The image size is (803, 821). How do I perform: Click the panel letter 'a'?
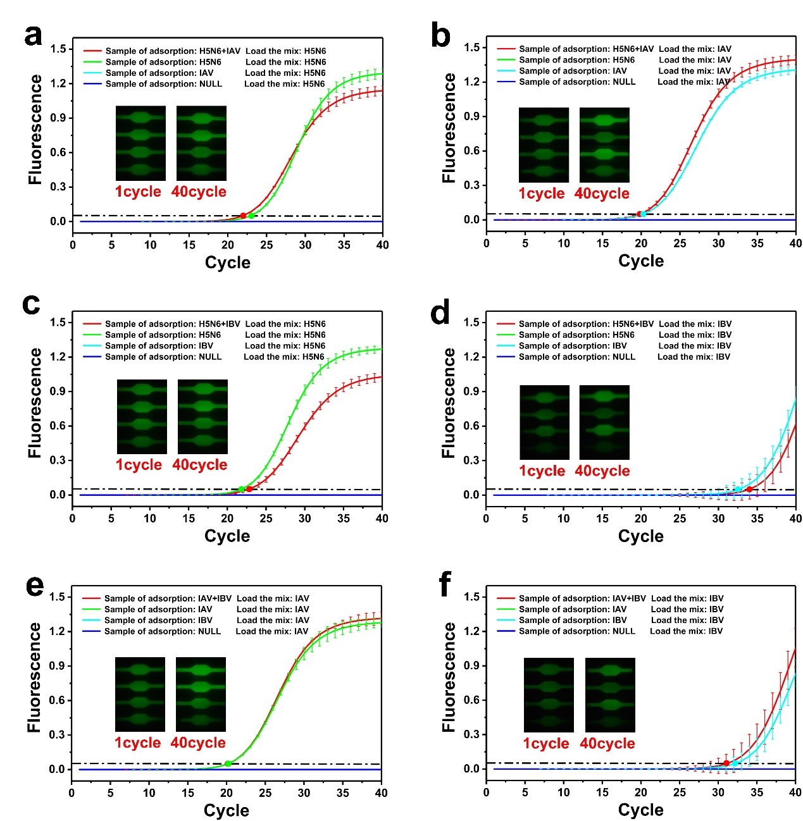point(33,35)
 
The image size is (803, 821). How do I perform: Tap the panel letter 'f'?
point(445,584)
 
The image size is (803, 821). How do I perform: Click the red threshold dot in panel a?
point(243,216)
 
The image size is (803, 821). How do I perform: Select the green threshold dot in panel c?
point(242,489)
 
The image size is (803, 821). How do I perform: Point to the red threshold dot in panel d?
point(750,489)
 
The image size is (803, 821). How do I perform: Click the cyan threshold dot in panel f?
point(735,763)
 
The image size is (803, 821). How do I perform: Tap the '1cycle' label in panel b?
point(542,194)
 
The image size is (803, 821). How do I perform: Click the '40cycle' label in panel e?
point(198,743)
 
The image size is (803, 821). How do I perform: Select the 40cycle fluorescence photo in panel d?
point(604,422)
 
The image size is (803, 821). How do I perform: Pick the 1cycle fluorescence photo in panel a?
point(140,143)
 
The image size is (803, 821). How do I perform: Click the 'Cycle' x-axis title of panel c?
point(227,536)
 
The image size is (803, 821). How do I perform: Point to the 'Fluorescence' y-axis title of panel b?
point(449,128)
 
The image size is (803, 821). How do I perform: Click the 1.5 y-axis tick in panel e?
point(58,596)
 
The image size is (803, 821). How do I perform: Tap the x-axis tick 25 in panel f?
point(680,792)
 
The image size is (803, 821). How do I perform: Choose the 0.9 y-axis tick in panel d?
point(471,391)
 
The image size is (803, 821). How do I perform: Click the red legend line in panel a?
point(92,51)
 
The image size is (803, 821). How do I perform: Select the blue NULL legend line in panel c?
point(92,357)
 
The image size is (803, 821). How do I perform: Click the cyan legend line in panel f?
point(506,620)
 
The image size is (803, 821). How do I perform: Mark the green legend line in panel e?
point(92,610)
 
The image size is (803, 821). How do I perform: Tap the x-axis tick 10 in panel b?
point(564,243)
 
